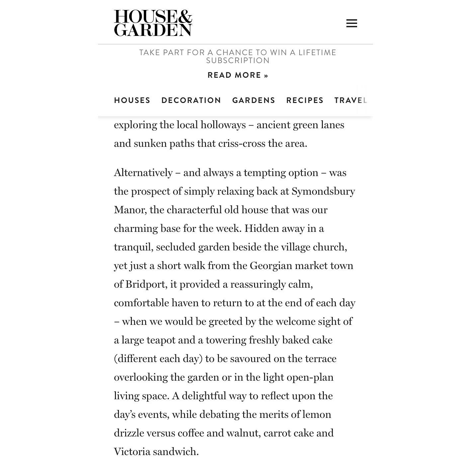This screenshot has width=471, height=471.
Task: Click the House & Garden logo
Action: [153, 23]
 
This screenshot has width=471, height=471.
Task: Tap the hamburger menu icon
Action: [351, 23]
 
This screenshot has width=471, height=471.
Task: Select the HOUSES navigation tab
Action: [132, 100]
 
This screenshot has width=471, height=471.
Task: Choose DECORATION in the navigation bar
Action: [191, 100]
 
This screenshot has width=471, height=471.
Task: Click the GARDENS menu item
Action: [253, 100]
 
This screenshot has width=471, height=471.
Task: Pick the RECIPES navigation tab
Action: [305, 100]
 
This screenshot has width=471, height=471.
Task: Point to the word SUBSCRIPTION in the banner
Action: [238, 60]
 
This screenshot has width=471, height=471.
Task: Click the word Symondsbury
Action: [323, 192]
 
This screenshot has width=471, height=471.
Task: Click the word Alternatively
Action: [143, 173]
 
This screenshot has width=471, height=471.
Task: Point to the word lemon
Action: [317, 415]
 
